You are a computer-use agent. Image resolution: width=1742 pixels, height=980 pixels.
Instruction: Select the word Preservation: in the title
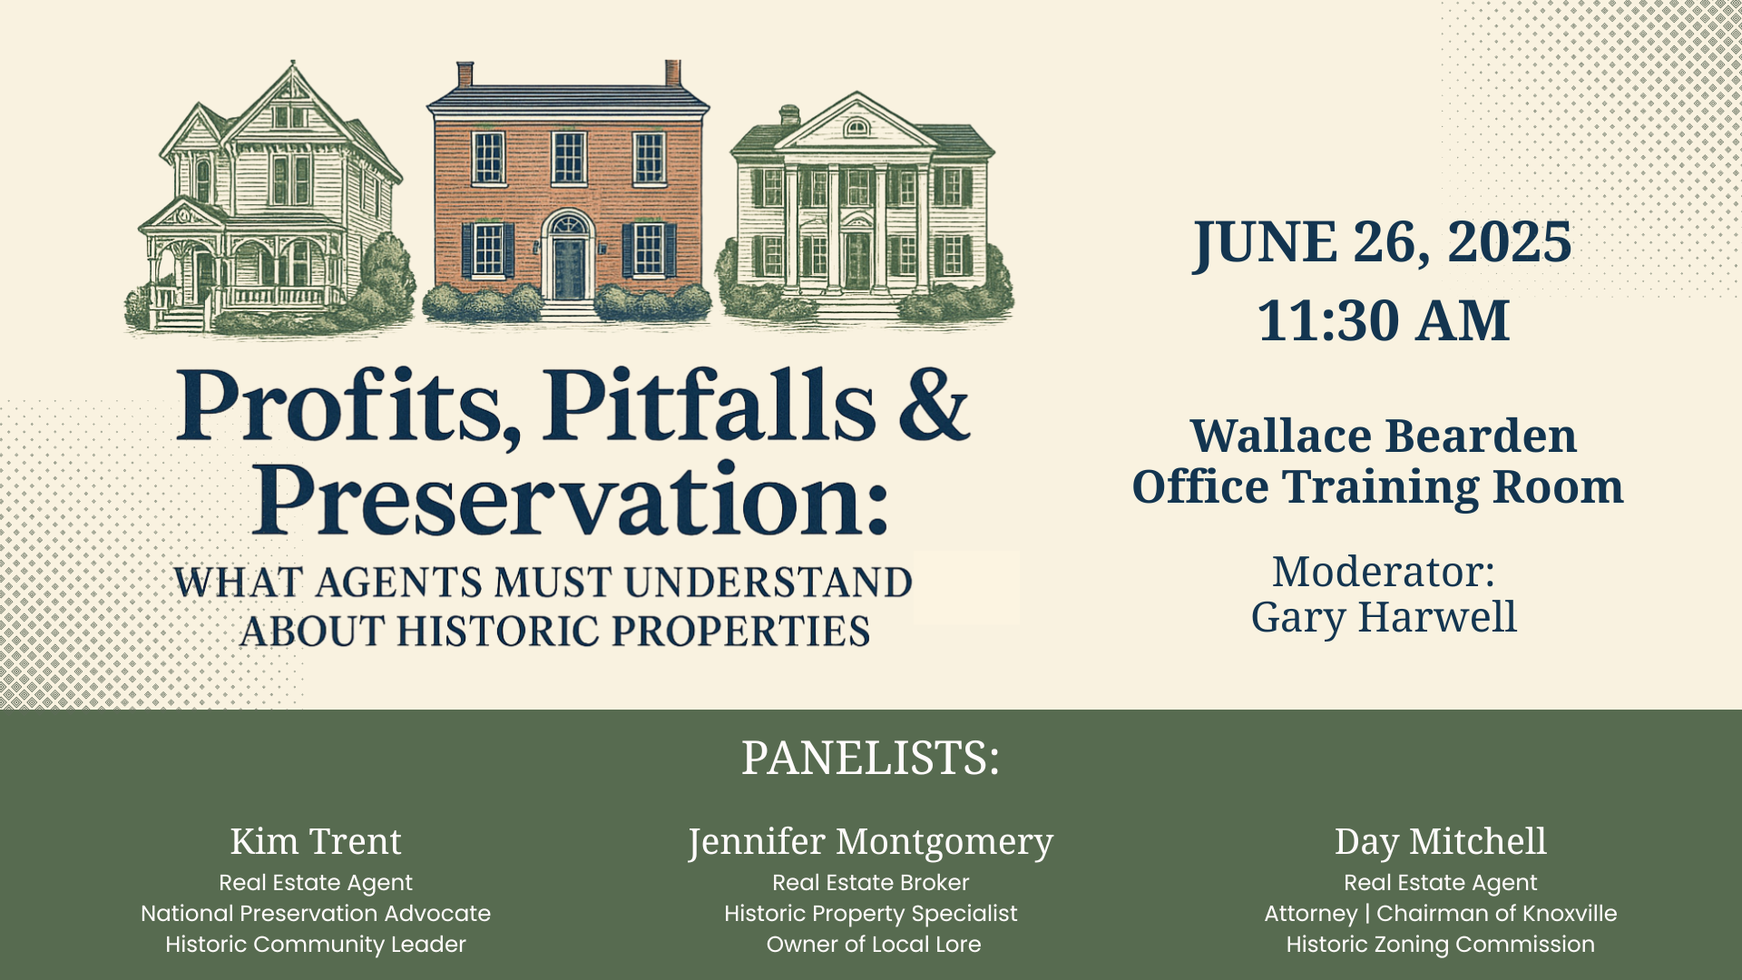(570, 499)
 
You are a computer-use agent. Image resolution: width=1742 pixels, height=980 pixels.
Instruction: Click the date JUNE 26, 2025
(1382, 242)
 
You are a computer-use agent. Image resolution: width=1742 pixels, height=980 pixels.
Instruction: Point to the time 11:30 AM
(1383, 320)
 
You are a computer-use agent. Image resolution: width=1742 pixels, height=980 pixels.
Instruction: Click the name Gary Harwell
(1384, 617)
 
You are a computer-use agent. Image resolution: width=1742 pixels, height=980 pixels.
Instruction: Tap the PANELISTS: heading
(870, 758)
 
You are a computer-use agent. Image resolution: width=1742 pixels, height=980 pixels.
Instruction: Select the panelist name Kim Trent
(316, 841)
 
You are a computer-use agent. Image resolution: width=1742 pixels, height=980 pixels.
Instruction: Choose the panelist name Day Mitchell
(1440, 842)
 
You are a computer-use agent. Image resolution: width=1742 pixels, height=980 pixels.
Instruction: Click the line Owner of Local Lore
(874, 944)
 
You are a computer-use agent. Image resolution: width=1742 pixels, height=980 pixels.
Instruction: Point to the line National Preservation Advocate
(316, 913)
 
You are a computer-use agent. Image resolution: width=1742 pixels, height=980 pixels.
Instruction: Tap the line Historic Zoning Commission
(1440, 945)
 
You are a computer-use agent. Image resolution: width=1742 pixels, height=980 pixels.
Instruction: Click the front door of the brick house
(569, 268)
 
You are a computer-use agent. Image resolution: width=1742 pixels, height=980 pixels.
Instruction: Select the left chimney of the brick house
(465, 74)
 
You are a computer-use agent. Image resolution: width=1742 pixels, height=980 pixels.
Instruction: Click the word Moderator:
(1384, 572)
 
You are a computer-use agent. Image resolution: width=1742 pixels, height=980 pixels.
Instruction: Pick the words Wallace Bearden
(1383, 436)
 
